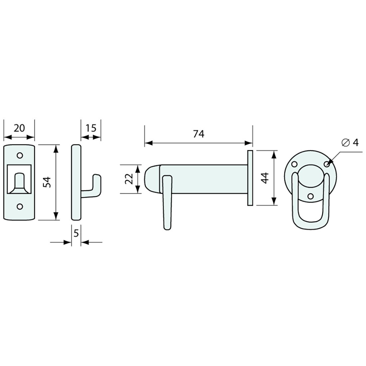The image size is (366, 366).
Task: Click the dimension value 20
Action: (19, 128)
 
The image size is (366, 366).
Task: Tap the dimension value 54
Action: (47, 182)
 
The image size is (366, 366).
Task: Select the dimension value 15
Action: (91, 128)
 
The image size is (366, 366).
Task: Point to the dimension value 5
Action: (76, 233)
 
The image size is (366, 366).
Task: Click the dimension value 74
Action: (199, 134)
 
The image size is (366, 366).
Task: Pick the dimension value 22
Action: (129, 179)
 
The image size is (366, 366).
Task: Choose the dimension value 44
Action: (265, 178)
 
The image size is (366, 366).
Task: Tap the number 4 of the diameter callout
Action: (355, 142)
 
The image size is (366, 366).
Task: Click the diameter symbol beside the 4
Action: (345, 142)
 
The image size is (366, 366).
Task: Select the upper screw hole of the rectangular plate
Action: (20, 155)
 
